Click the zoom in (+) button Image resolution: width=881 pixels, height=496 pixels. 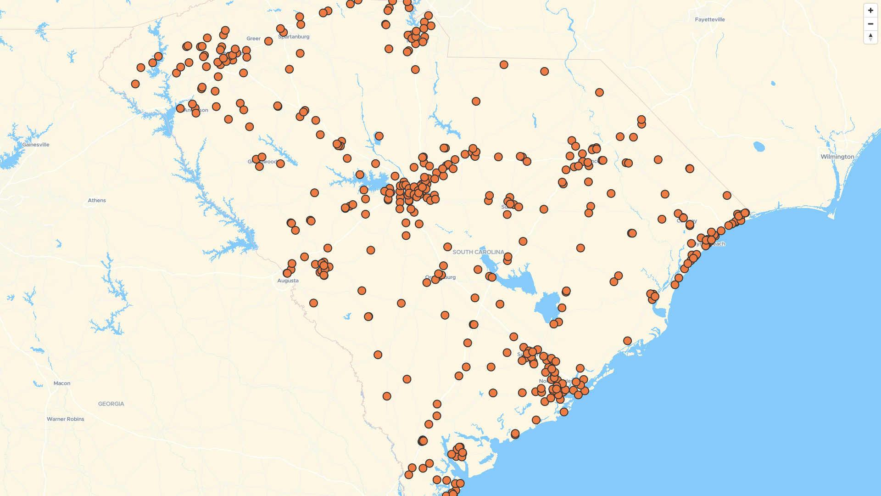point(870,11)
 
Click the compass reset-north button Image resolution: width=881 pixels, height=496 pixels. point(870,37)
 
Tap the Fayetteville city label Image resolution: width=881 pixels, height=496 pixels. point(709,20)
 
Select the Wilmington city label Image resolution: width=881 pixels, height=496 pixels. point(837,157)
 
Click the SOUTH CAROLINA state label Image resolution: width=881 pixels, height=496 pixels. point(478,252)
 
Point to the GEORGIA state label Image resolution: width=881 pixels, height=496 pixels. point(111,404)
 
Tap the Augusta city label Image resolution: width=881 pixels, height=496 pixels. point(288,281)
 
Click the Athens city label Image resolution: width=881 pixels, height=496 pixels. point(97,201)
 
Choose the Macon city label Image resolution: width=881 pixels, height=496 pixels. point(62,383)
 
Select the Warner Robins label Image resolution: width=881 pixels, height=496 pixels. point(66,419)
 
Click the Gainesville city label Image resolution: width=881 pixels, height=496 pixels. point(36,145)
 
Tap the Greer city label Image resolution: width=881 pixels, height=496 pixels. point(253,39)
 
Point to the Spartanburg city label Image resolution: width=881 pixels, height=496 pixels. point(294,37)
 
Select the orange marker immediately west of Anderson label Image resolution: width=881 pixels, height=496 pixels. point(180,109)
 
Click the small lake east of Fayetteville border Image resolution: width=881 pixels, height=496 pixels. point(773,84)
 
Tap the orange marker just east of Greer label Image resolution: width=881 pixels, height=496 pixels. point(268,41)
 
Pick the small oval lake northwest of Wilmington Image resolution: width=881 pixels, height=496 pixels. point(759,147)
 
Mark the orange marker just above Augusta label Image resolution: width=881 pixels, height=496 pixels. point(287,273)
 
